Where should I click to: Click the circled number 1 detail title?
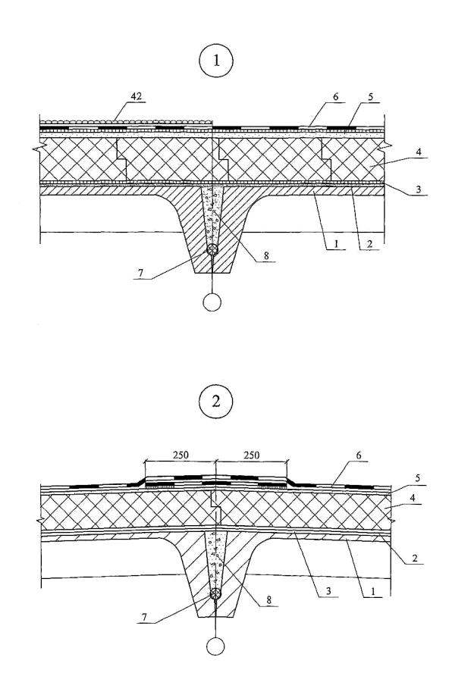pyautogui.click(x=216, y=61)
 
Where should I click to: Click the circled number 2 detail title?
pyautogui.click(x=215, y=402)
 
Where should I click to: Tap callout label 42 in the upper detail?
pyautogui.click(x=137, y=97)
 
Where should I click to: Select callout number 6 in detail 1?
pyautogui.click(x=336, y=96)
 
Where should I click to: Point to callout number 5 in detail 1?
pyautogui.click(x=372, y=97)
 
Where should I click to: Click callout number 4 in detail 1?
pyautogui.click(x=419, y=152)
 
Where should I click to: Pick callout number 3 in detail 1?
pyautogui.click(x=419, y=189)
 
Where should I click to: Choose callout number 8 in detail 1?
pyautogui.click(x=266, y=255)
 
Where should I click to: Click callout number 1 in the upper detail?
pyautogui.click(x=337, y=243)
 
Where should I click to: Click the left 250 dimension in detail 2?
pyautogui.click(x=181, y=455)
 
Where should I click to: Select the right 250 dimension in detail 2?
pyautogui.click(x=252, y=455)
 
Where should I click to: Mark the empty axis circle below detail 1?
pyautogui.click(x=212, y=302)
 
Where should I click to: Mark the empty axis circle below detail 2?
pyautogui.click(x=215, y=646)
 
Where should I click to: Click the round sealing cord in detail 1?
pyautogui.click(x=212, y=250)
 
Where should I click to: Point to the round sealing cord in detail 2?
pyautogui.click(x=215, y=594)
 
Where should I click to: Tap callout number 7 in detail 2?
pyautogui.click(x=144, y=618)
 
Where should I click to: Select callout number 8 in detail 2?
pyautogui.click(x=269, y=600)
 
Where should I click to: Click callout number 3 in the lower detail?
pyautogui.click(x=328, y=590)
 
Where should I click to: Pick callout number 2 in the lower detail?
pyautogui.click(x=415, y=558)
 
